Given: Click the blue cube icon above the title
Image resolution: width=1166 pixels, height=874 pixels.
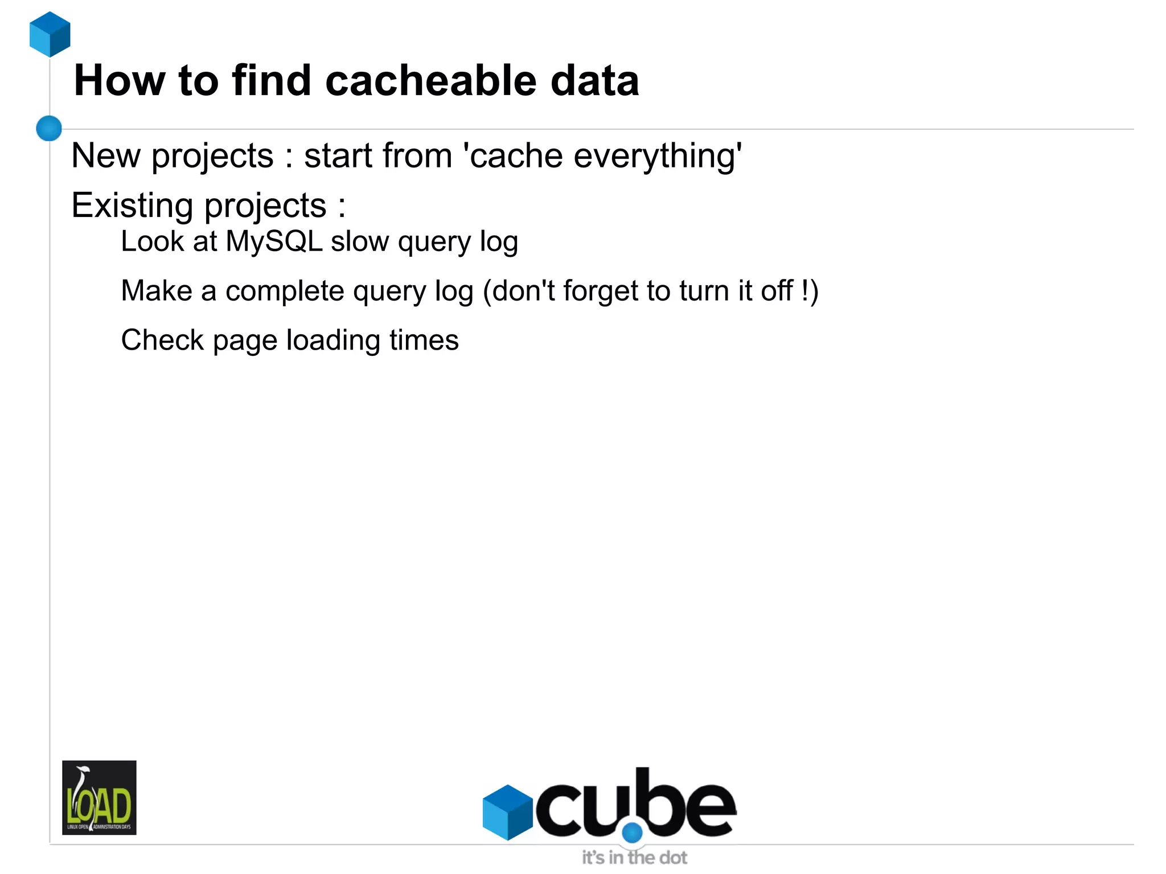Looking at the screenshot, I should pos(50,34).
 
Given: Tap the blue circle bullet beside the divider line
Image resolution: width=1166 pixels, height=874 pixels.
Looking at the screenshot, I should pos(49,128).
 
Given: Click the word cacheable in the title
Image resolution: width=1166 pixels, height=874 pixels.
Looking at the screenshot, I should pos(431,80).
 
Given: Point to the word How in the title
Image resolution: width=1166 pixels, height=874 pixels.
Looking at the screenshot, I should pos(120,80).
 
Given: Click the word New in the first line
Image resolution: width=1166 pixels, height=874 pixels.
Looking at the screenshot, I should pos(106,155).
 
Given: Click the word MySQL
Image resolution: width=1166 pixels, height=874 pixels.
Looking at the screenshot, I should pos(274,242).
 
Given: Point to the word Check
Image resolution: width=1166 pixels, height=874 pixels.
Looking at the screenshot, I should pos(162,340).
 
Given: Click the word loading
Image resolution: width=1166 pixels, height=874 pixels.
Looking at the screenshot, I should pos(333,341).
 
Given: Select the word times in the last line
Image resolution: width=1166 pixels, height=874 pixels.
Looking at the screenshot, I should pos(424,340).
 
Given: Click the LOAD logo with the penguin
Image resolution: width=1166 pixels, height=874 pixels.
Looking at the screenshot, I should pos(99,797).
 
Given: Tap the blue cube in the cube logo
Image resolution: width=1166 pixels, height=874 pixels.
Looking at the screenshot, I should pos(507,812).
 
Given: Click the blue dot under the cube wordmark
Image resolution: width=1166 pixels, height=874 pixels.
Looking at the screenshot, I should pos(632,832).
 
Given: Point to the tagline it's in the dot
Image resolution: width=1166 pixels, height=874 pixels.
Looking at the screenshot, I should pos(634,857).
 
